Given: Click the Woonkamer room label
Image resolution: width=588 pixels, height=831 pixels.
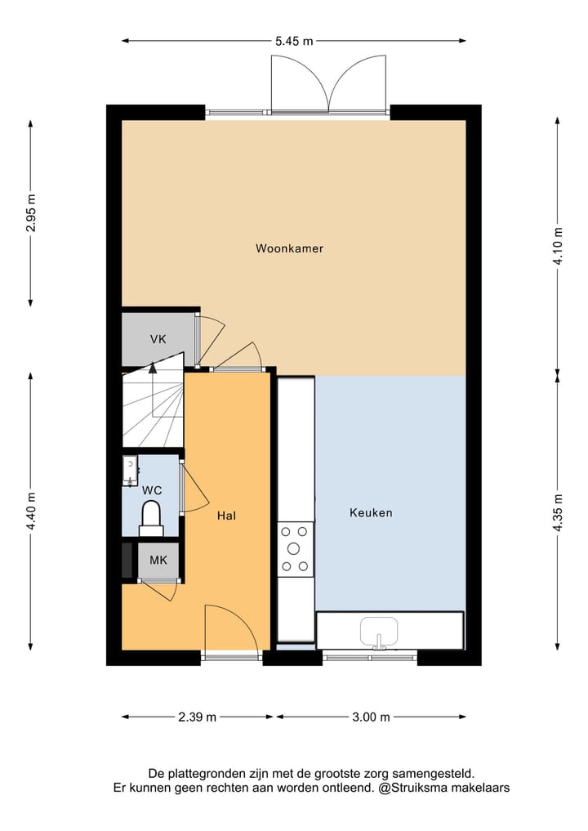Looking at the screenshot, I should tap(289, 248).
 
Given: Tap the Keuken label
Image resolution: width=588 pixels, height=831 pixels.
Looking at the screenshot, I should tap(371, 513).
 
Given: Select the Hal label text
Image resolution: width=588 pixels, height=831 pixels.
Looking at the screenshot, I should tap(227, 516).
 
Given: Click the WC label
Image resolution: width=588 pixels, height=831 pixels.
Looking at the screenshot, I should tap(151, 490).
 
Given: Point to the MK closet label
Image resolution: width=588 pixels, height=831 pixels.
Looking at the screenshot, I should tap(158, 561).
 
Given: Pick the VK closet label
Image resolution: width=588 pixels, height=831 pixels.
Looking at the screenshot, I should tap(158, 339).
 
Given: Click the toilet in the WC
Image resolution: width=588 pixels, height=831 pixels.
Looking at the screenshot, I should tap(151, 518).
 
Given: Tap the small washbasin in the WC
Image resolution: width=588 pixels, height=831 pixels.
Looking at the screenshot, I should tap(130, 471).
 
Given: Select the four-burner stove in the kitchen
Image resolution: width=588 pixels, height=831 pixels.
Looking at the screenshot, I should tap(295, 548).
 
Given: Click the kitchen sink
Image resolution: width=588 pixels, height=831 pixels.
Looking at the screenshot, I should tap(379, 632).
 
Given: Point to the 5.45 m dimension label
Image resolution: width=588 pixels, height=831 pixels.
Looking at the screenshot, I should tap(294, 40).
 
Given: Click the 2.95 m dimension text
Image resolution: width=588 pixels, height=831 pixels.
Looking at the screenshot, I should tap(31, 213).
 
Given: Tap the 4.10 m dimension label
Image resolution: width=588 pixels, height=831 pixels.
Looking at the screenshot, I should tap(558, 245).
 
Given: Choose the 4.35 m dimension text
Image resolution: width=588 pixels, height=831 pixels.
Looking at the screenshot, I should tap(558, 513).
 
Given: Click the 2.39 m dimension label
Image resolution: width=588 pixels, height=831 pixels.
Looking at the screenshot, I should tap(198, 717).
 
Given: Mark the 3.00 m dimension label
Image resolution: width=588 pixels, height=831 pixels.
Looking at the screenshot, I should tap(371, 717).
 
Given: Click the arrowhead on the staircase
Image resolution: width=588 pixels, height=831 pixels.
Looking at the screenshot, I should tap(152, 368).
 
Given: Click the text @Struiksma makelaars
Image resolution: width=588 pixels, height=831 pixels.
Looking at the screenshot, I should tap(445, 789).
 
